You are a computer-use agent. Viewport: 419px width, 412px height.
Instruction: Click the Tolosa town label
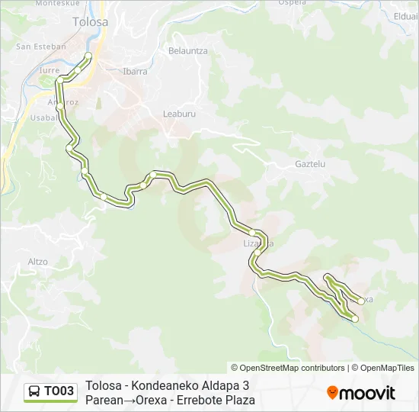click(90, 22)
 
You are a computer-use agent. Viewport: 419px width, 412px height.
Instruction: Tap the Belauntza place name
click(187, 51)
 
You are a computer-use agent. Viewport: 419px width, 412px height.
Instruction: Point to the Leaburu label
click(180, 114)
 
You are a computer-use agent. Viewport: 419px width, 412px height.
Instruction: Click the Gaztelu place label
click(310, 164)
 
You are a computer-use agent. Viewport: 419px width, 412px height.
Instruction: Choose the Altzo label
click(37, 262)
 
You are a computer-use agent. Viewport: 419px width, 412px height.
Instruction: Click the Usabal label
click(43, 117)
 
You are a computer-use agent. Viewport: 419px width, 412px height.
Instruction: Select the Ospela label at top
click(293, 3)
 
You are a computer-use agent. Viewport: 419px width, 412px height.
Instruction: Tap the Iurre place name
click(49, 70)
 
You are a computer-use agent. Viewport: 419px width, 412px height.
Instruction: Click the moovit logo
click(361, 393)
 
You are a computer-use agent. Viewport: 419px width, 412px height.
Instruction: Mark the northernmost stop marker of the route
click(88, 56)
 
